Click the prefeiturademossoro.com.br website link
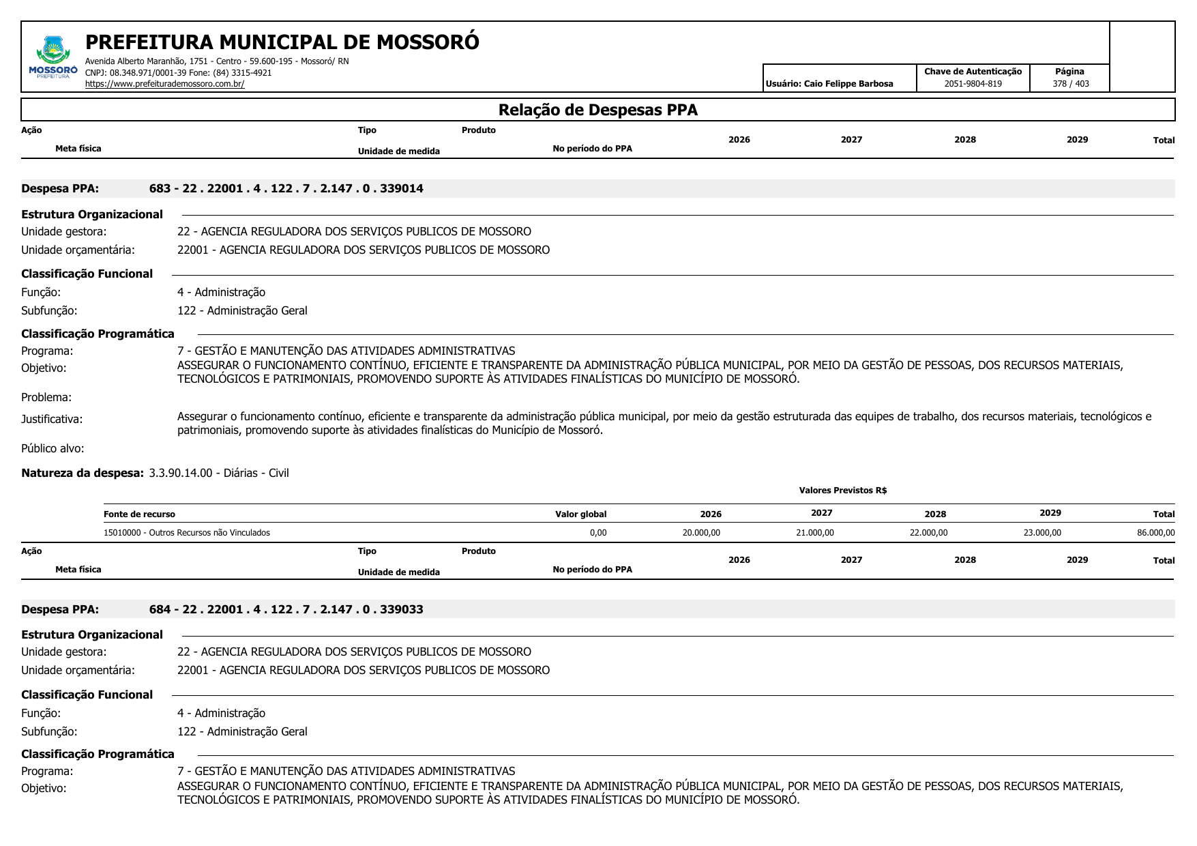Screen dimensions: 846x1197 click(164, 84)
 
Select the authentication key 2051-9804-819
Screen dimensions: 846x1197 click(973, 84)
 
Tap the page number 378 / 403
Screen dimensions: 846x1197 click(1070, 84)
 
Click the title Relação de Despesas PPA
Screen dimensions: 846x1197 click(597, 110)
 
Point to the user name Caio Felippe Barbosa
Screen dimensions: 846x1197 click(848, 84)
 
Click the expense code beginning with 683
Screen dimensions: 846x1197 click(286, 188)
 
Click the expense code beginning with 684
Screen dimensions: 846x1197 click(286, 609)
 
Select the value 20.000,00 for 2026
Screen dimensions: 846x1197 click(701, 533)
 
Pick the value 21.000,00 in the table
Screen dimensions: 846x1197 click(814, 533)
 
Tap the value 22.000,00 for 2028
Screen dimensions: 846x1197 click(928, 533)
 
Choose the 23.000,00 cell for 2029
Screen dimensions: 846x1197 click(1042, 533)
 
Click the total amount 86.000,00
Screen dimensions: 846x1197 click(1155, 533)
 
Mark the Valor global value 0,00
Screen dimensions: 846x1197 click(597, 533)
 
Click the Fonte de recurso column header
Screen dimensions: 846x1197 click(139, 514)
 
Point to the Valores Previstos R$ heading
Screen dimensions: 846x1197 click(842, 491)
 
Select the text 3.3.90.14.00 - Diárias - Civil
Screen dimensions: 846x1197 click(218, 473)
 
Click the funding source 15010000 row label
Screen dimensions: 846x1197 click(186, 533)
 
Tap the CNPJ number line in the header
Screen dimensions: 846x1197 click(178, 73)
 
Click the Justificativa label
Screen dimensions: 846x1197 click(52, 419)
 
